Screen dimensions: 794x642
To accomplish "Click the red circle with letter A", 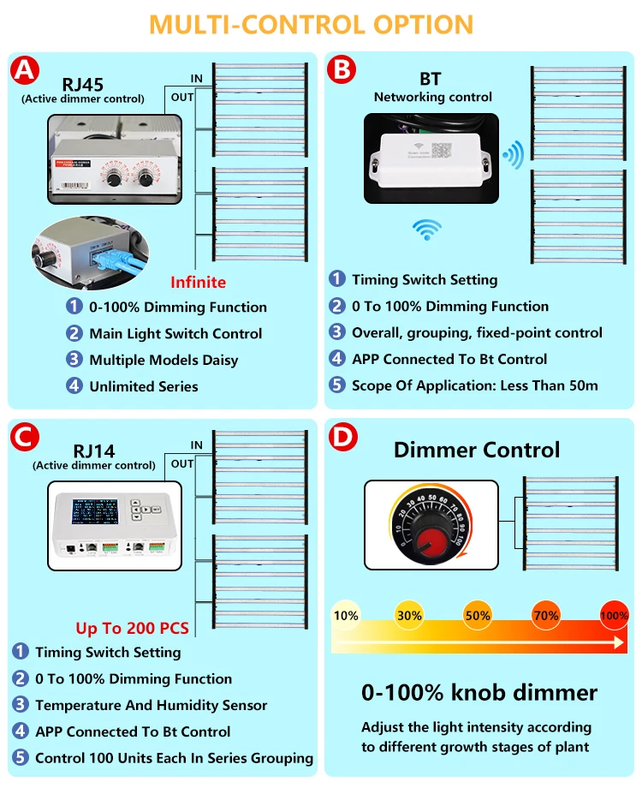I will coord(25,70).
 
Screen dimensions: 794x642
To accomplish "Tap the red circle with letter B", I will coord(342,70).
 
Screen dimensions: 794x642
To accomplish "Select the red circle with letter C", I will coord(26,438).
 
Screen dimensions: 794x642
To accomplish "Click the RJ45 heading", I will coord(82,85).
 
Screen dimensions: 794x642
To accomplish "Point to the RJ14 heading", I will coord(94,451).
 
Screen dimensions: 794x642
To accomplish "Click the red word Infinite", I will coord(198,282).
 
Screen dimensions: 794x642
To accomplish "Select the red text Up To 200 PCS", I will coord(132,628).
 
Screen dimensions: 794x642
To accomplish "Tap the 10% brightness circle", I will coord(346,615).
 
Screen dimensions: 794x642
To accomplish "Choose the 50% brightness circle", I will coord(478,615).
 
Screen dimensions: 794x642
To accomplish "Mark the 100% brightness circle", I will coord(614,615).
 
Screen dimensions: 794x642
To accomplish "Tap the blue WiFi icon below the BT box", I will coord(426,229).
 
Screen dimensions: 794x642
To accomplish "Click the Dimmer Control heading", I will coord(477,450).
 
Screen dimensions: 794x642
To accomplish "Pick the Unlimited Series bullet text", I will coord(143,386).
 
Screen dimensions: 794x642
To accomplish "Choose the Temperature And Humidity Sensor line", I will coord(151,705).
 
